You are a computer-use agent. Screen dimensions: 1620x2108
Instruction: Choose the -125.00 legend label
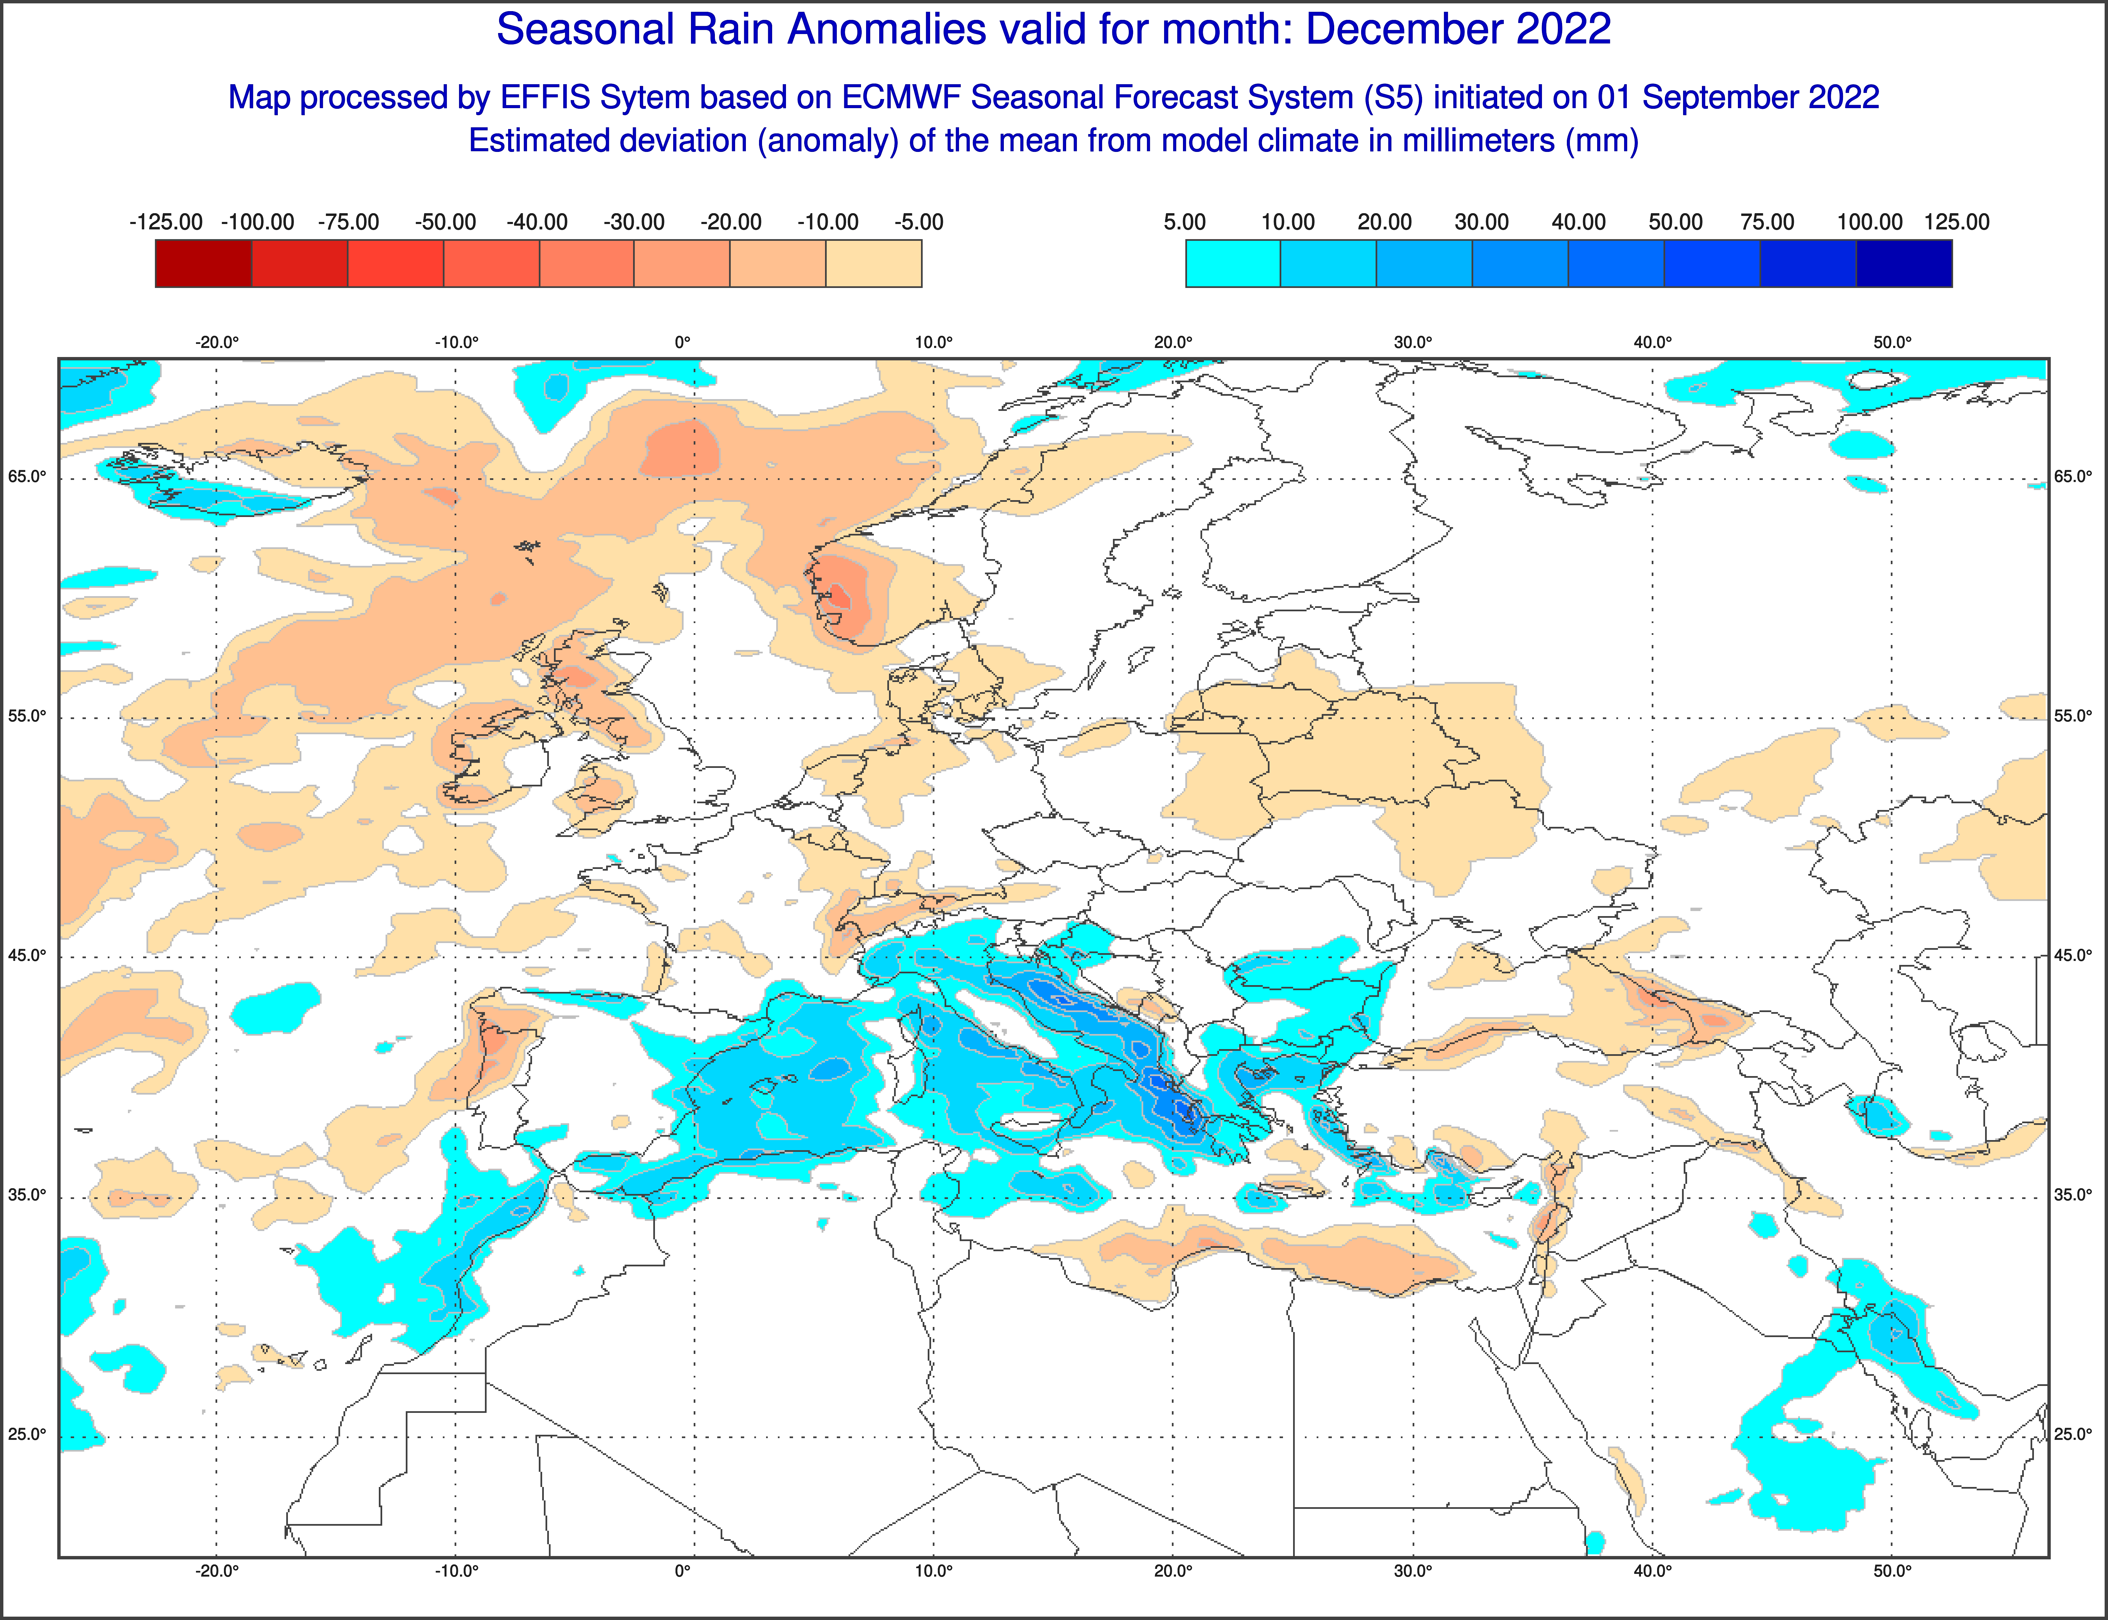tap(166, 222)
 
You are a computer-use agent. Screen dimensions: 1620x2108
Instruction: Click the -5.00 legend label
tap(919, 222)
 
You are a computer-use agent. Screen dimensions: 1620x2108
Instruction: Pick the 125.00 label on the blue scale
tap(1957, 222)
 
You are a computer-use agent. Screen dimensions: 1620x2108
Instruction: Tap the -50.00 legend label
tap(445, 222)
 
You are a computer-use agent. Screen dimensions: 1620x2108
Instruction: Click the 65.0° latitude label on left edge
tap(27, 476)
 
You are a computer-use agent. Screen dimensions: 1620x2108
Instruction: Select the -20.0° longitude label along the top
tap(217, 342)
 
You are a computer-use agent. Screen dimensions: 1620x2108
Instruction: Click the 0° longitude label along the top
tap(683, 342)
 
